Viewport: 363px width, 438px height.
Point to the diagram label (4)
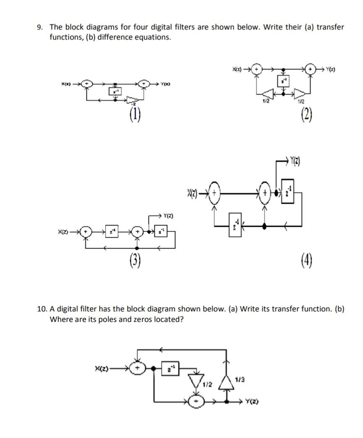(307, 262)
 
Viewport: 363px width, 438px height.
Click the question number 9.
(39, 27)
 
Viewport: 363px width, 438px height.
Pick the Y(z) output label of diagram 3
(167, 216)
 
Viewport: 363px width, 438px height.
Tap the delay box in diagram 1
(115, 91)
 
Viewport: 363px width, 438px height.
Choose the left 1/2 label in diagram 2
(266, 101)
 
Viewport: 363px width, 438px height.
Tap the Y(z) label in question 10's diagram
(252, 401)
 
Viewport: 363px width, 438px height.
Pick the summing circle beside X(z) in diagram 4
(215, 194)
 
